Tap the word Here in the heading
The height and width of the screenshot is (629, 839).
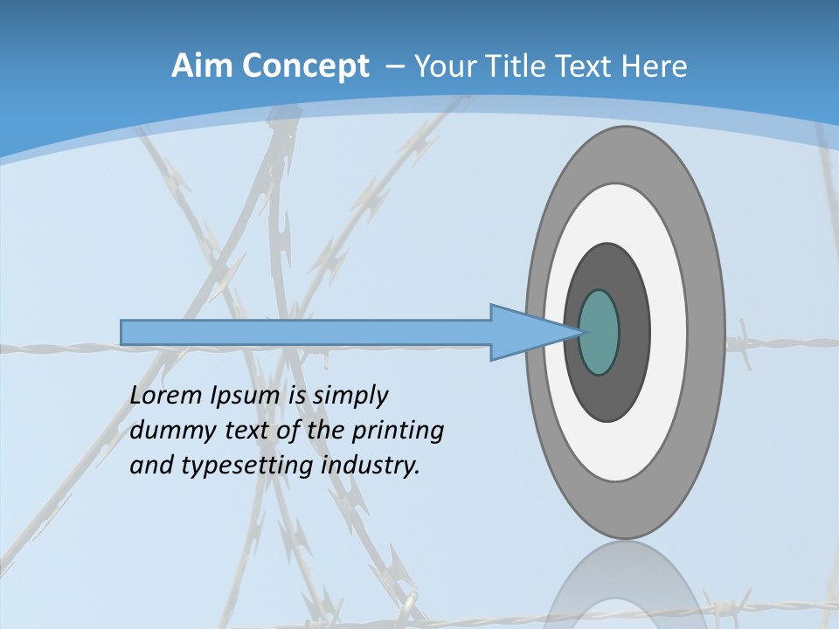click(x=655, y=66)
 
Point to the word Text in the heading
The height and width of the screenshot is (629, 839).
click(x=588, y=66)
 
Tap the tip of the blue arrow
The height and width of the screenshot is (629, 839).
click(x=580, y=332)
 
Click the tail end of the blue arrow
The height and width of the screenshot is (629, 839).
click(x=123, y=332)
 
